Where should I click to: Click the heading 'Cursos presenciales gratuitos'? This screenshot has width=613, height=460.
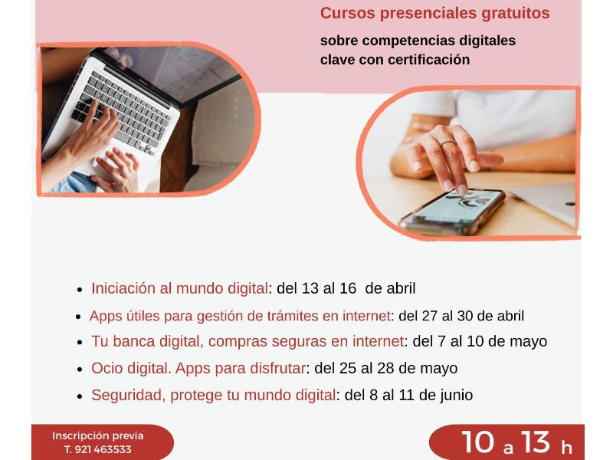[434, 13]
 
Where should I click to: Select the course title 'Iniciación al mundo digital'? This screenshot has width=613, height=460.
[179, 288]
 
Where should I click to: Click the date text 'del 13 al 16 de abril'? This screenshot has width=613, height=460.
[346, 288]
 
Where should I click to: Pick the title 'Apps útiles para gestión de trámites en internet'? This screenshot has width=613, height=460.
[241, 316]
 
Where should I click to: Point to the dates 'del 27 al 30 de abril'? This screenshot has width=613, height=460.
[461, 316]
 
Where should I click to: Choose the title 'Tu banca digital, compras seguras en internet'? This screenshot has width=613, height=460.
[247, 341]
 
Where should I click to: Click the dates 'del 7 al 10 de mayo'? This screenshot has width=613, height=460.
[480, 341]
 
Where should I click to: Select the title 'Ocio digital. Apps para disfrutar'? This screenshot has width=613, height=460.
[198, 369]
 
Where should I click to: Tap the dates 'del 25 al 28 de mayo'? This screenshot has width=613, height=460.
[386, 369]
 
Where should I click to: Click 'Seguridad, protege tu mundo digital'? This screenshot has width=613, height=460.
[214, 395]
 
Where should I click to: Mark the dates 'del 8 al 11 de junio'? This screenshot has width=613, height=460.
[408, 395]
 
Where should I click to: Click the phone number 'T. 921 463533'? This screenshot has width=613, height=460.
[98, 449]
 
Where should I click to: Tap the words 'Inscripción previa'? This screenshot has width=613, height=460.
[98, 435]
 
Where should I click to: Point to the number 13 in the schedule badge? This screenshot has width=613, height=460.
[535, 443]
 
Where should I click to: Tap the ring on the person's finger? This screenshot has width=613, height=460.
[448, 143]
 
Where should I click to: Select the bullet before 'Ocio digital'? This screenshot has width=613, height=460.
[80, 370]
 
